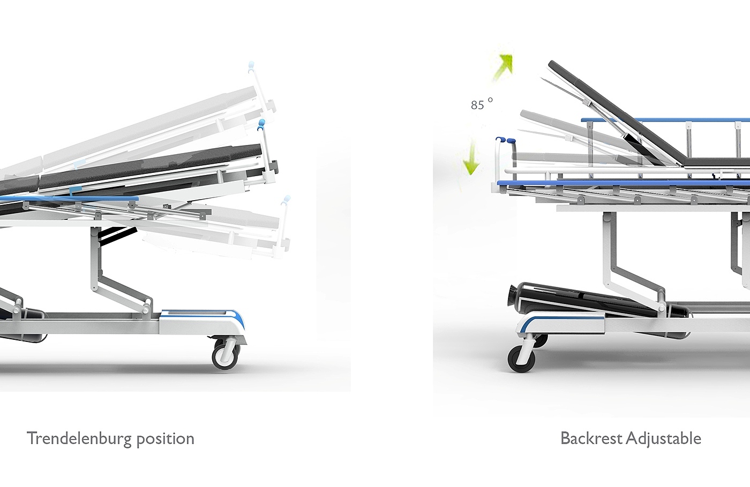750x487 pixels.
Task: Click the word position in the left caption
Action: click(165, 439)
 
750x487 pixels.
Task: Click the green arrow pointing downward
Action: click(471, 157)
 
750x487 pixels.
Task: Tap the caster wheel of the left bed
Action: click(226, 354)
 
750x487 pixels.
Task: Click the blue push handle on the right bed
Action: click(506, 141)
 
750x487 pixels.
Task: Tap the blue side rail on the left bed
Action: click(70, 199)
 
